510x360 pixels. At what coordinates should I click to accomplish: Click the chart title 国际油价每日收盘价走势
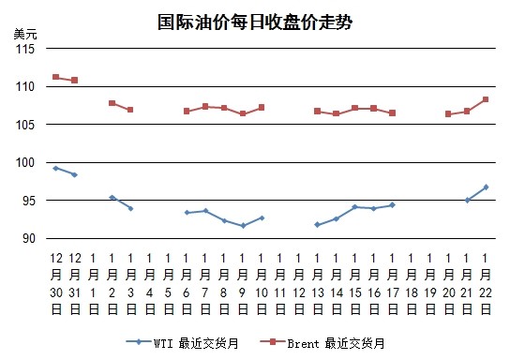tap(255, 22)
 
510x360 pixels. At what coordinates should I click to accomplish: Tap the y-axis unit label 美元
tap(25, 34)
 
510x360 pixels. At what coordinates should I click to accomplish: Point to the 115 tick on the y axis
tap(25, 49)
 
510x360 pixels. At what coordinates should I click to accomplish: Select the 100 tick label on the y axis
tap(25, 162)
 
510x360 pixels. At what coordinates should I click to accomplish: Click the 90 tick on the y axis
tap(29, 239)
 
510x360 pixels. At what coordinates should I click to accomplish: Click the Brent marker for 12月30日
tap(55, 77)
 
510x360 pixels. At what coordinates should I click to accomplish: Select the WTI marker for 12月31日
tap(74, 175)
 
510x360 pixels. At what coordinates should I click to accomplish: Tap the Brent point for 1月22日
tap(486, 99)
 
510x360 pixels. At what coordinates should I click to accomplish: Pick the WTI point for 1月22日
tap(487, 187)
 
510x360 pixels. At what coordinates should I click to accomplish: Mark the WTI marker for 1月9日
tap(244, 226)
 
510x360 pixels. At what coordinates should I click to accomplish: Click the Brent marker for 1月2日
tap(112, 103)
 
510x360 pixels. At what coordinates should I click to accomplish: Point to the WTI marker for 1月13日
tap(318, 225)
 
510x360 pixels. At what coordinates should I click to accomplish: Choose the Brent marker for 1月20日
tap(448, 114)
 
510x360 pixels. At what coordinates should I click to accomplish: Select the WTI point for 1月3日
tap(130, 208)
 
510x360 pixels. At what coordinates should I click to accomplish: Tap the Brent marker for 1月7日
tap(205, 107)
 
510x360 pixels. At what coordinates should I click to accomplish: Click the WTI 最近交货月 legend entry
tap(182, 343)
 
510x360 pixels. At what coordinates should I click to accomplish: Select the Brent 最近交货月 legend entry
tap(322, 343)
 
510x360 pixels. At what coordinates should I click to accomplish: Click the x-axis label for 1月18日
tap(412, 283)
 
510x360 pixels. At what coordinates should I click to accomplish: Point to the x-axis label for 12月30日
tap(56, 283)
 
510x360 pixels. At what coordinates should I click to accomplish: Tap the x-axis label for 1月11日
tap(280, 283)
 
